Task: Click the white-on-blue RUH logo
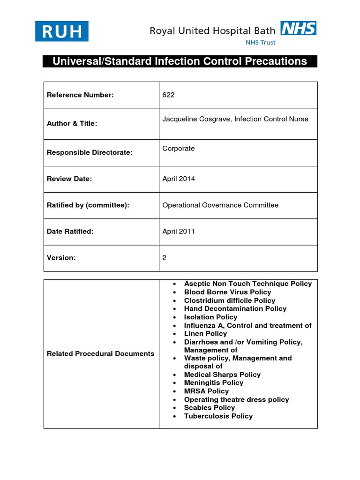(x=61, y=31)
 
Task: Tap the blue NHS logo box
(x=298, y=29)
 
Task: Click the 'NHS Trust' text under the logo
(x=261, y=42)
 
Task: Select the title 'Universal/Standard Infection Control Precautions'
(x=180, y=61)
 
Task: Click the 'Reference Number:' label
(x=80, y=95)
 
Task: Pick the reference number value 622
(x=168, y=95)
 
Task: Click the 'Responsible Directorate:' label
(x=90, y=153)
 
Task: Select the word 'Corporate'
(x=178, y=149)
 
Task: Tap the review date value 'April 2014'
(x=179, y=179)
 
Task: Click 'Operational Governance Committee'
(x=220, y=205)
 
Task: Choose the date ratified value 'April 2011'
(x=179, y=232)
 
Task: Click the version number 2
(x=165, y=258)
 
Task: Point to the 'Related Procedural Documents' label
(x=100, y=354)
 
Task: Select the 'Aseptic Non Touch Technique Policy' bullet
(x=247, y=284)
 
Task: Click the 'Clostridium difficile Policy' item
(x=229, y=300)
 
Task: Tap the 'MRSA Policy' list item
(x=206, y=391)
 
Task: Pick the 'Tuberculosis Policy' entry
(x=218, y=416)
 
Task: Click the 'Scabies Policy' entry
(x=209, y=408)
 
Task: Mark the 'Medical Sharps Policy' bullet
(x=222, y=375)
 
